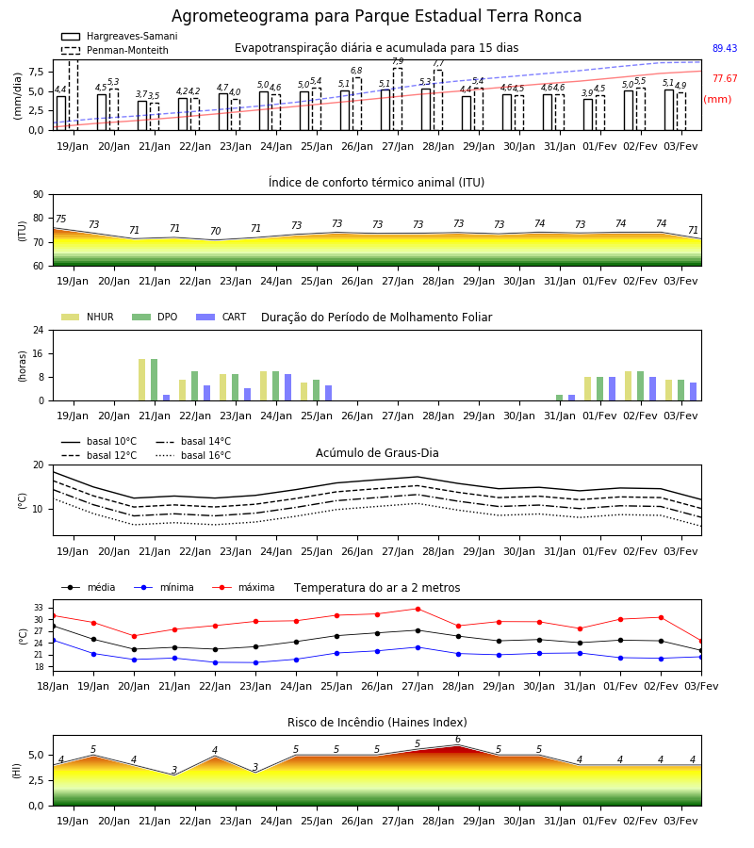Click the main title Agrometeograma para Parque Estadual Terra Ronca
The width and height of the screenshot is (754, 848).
(376, 16)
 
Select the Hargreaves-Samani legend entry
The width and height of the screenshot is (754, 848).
(119, 36)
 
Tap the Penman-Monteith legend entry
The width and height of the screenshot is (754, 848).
(115, 50)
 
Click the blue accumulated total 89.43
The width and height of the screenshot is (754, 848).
(725, 48)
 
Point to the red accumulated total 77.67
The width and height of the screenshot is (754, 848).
(725, 78)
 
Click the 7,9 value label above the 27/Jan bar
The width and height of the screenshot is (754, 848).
(398, 61)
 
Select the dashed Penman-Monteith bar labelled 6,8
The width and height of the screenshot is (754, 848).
(357, 104)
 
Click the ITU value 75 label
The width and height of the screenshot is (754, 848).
(60, 219)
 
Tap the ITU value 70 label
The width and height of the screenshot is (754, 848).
(215, 231)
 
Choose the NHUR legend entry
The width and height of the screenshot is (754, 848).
(88, 317)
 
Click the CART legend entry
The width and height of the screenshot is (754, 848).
(221, 317)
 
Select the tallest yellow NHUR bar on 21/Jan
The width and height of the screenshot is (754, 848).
(141, 380)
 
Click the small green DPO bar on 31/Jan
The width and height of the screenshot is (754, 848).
(559, 398)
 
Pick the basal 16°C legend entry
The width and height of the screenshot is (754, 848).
(193, 455)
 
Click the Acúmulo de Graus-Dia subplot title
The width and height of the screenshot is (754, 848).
(377, 452)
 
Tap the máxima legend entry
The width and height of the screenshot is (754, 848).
(243, 587)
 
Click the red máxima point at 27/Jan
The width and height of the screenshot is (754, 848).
(418, 609)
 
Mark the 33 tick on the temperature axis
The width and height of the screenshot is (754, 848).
(39, 608)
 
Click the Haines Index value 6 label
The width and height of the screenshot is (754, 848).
(458, 740)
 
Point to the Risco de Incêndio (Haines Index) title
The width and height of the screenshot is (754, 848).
(377, 722)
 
